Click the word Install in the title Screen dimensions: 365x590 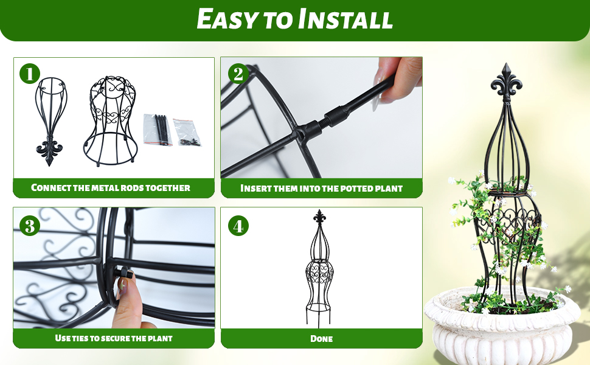[x=345, y=19]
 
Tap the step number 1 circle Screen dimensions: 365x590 [x=29, y=74]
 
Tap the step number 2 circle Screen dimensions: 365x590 [x=238, y=74]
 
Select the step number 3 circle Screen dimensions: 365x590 [x=29, y=226]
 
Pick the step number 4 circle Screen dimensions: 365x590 [x=238, y=226]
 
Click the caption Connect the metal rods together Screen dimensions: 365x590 [x=111, y=187]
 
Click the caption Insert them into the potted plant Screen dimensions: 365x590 [x=321, y=188]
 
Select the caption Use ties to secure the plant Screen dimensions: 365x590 [x=114, y=338]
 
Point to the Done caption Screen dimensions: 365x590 [x=321, y=338]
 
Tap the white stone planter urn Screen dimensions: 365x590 [x=502, y=328]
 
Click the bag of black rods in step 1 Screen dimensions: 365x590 [x=158, y=128]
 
